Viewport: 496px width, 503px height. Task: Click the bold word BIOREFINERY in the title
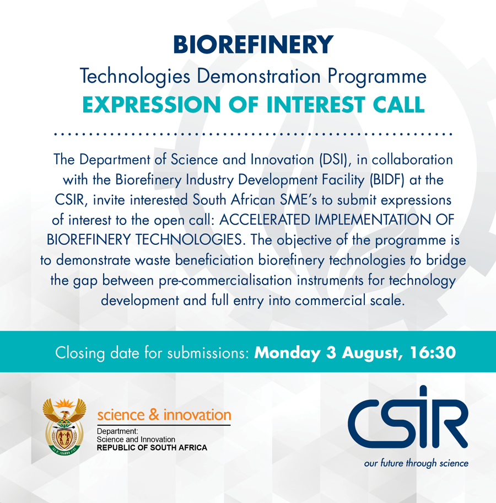point(254,44)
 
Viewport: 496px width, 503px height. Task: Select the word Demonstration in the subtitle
point(258,76)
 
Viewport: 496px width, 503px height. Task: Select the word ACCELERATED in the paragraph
point(265,220)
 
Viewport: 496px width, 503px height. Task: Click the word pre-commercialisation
point(226,280)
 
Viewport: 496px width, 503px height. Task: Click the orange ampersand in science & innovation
point(154,415)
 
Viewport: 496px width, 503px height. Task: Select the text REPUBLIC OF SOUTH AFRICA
point(152,447)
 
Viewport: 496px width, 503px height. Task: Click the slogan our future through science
point(416,463)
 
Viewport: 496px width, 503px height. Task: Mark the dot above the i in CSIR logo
point(424,390)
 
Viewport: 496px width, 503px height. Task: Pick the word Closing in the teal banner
point(80,353)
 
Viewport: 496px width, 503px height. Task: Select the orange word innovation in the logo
point(197,415)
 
